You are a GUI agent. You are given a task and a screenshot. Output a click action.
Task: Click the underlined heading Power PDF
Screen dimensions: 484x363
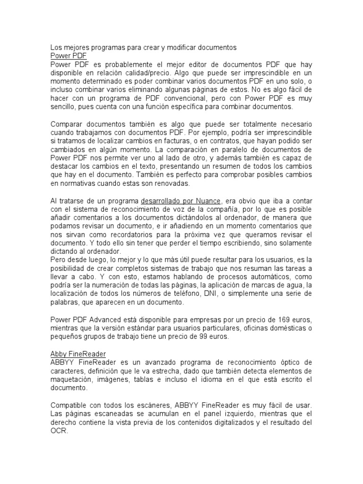(68, 56)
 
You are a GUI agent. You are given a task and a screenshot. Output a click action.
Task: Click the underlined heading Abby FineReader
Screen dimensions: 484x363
(78, 354)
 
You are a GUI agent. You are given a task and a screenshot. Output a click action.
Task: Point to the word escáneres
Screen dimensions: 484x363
(142, 405)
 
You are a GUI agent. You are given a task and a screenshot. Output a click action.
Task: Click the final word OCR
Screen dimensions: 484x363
(59, 431)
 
